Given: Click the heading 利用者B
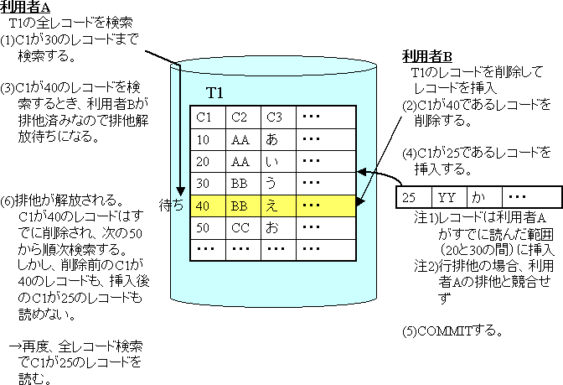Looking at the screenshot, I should pos(426,57).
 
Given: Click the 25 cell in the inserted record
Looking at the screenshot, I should pos(411,198).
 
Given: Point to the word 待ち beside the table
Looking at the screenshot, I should pos(171,205).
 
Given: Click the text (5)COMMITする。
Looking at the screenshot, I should pos(452,329).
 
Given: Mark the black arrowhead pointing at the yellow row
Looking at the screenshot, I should pos(360,201).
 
